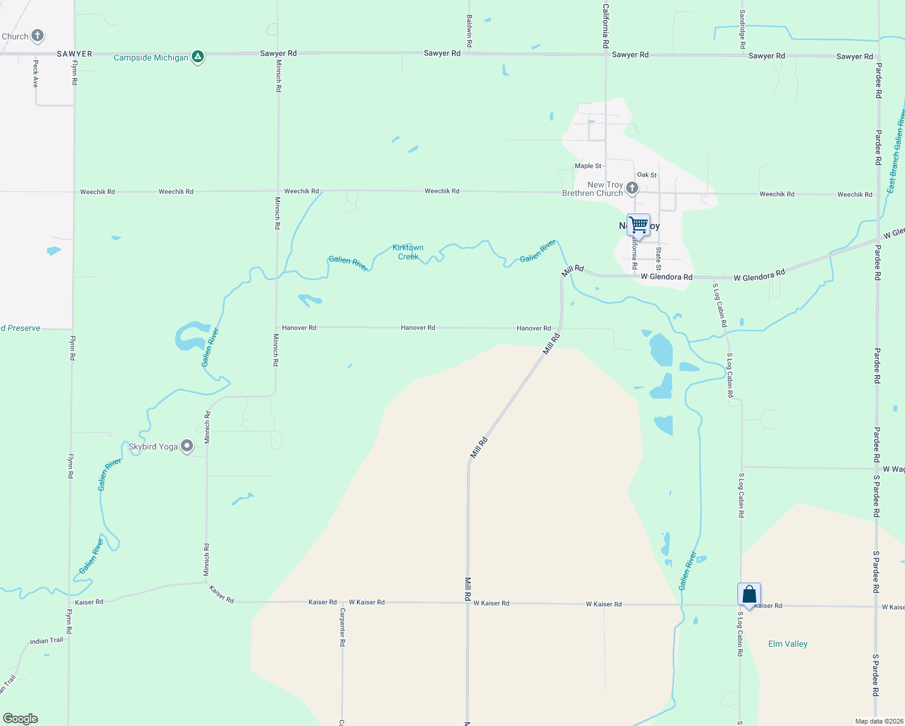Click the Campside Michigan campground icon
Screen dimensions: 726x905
click(197, 57)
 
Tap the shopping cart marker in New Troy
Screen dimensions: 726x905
click(638, 225)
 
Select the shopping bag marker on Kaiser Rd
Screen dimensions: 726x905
click(749, 594)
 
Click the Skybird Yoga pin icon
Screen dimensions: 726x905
click(188, 446)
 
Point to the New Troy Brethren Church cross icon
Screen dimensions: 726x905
click(632, 188)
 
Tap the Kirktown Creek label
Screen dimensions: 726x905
click(408, 252)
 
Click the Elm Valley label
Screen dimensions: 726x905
click(788, 644)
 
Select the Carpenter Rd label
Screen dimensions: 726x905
click(342, 627)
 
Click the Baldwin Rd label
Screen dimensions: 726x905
click(469, 31)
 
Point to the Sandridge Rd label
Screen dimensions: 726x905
click(742, 29)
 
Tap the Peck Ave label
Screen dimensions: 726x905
click(36, 74)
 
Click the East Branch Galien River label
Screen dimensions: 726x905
click(895, 151)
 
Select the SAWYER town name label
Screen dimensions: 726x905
click(74, 54)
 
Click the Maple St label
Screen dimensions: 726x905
click(588, 166)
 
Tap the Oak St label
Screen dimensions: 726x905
click(647, 175)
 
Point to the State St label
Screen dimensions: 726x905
click(659, 258)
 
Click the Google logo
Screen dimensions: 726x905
click(21, 719)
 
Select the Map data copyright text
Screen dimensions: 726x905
click(879, 721)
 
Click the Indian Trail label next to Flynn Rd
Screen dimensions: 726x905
click(47, 641)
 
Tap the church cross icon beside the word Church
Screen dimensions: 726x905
click(38, 36)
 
